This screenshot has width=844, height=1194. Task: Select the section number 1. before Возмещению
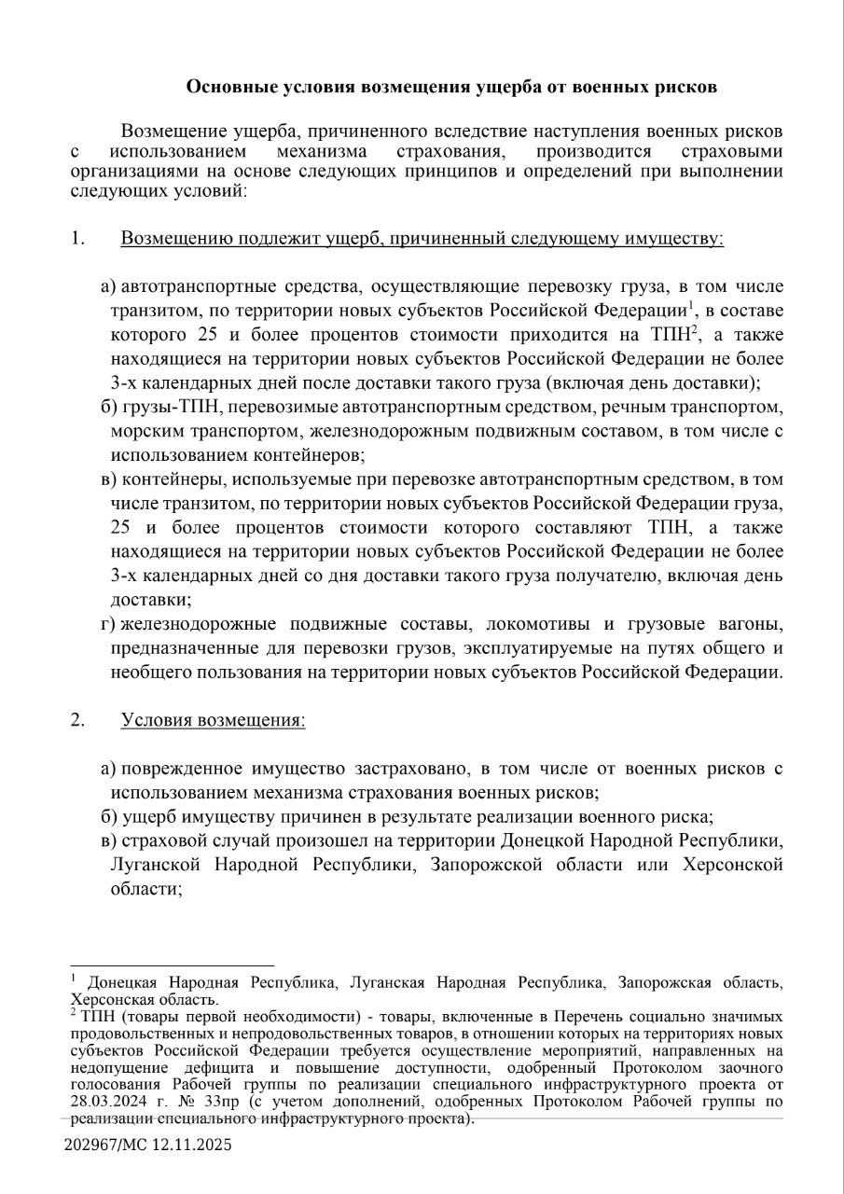tap(77, 238)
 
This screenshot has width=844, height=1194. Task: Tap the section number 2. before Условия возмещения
tap(77, 720)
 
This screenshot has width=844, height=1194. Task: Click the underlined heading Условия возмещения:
tap(213, 720)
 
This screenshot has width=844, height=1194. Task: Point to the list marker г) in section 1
tap(107, 623)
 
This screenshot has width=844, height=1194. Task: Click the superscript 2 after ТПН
tap(695, 329)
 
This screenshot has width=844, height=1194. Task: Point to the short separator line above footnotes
tap(173, 965)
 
